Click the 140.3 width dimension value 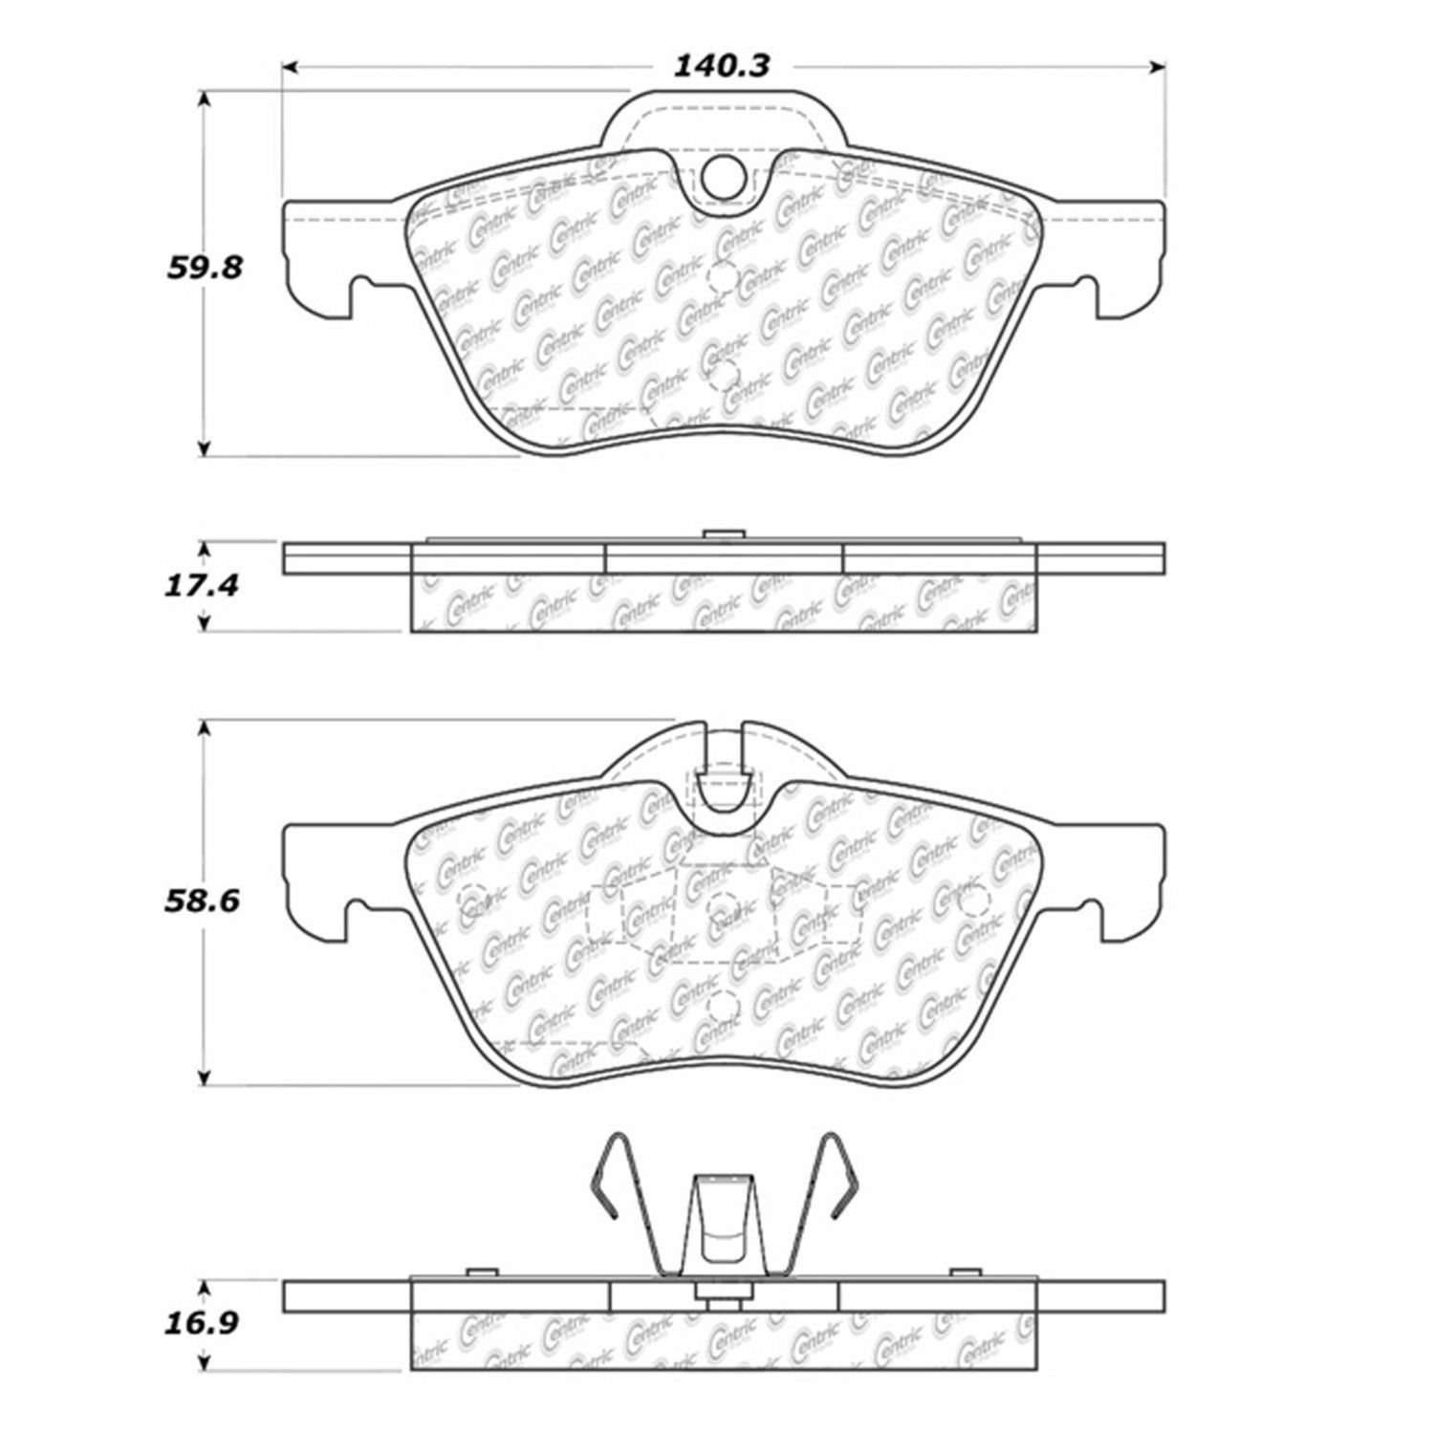[722, 66]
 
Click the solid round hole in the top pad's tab [721, 175]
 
